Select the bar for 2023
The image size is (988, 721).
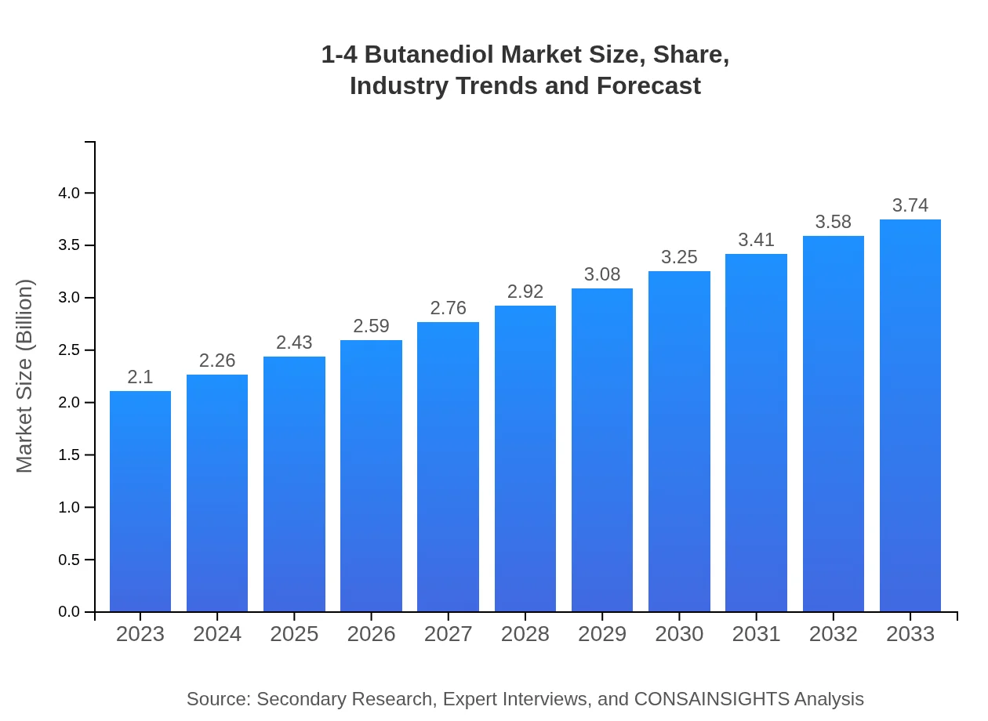pyautogui.click(x=140, y=502)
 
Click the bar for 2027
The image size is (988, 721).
pyautogui.click(x=448, y=467)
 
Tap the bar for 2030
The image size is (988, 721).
pyautogui.click(x=679, y=441)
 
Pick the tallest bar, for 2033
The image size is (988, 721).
pyautogui.click(x=910, y=415)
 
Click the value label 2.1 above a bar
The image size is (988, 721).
pyautogui.click(x=140, y=377)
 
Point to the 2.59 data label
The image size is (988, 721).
pyautogui.click(x=371, y=326)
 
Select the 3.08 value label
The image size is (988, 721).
pyautogui.click(x=602, y=274)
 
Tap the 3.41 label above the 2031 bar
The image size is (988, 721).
pyautogui.click(x=756, y=240)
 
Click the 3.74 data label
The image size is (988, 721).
pyautogui.click(x=910, y=205)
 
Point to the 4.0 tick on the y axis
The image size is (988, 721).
pyautogui.click(x=70, y=193)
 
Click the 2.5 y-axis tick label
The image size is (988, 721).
pyautogui.click(x=70, y=350)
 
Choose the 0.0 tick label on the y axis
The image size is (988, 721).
pyautogui.click(x=70, y=612)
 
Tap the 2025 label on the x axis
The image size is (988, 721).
pyautogui.click(x=294, y=634)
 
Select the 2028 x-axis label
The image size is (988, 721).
pyautogui.click(x=525, y=634)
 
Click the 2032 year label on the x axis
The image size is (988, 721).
pyautogui.click(x=833, y=634)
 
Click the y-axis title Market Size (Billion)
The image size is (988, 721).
pyautogui.click(x=25, y=376)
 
